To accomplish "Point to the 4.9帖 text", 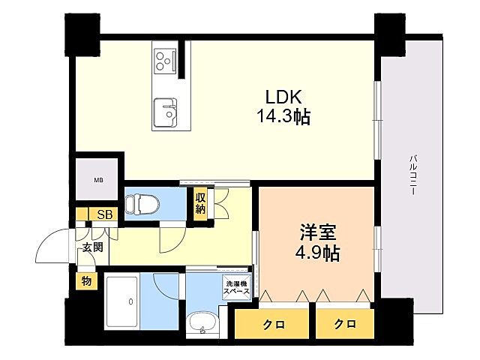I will pos(313,253).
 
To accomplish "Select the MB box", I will pos(98,180).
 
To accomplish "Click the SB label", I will pos(106,215).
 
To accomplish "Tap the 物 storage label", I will pos(86,282).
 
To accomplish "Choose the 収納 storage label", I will pos(200,203).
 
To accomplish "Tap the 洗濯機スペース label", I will pos(235,286).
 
